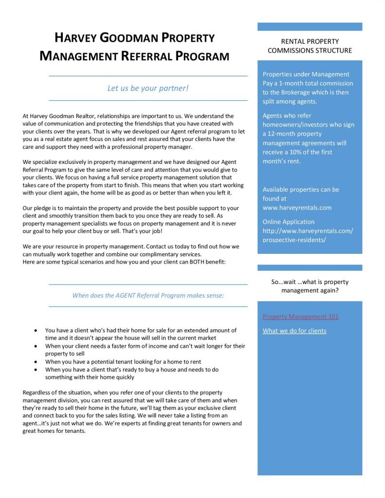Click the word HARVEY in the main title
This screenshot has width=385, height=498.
(74, 38)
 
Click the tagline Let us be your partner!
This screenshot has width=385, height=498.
(148, 88)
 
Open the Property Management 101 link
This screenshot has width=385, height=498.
(300, 317)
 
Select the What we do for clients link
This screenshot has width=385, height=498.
(294, 331)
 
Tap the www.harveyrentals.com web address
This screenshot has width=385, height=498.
(297, 208)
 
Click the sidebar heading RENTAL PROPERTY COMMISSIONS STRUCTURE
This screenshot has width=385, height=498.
(310, 46)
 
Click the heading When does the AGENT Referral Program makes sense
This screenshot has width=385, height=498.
(148, 295)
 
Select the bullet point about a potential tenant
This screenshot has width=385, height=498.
(123, 362)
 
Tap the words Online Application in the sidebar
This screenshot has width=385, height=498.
(289, 222)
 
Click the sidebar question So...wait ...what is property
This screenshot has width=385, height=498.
(310, 282)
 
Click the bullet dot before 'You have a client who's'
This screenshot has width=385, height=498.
(36, 330)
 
